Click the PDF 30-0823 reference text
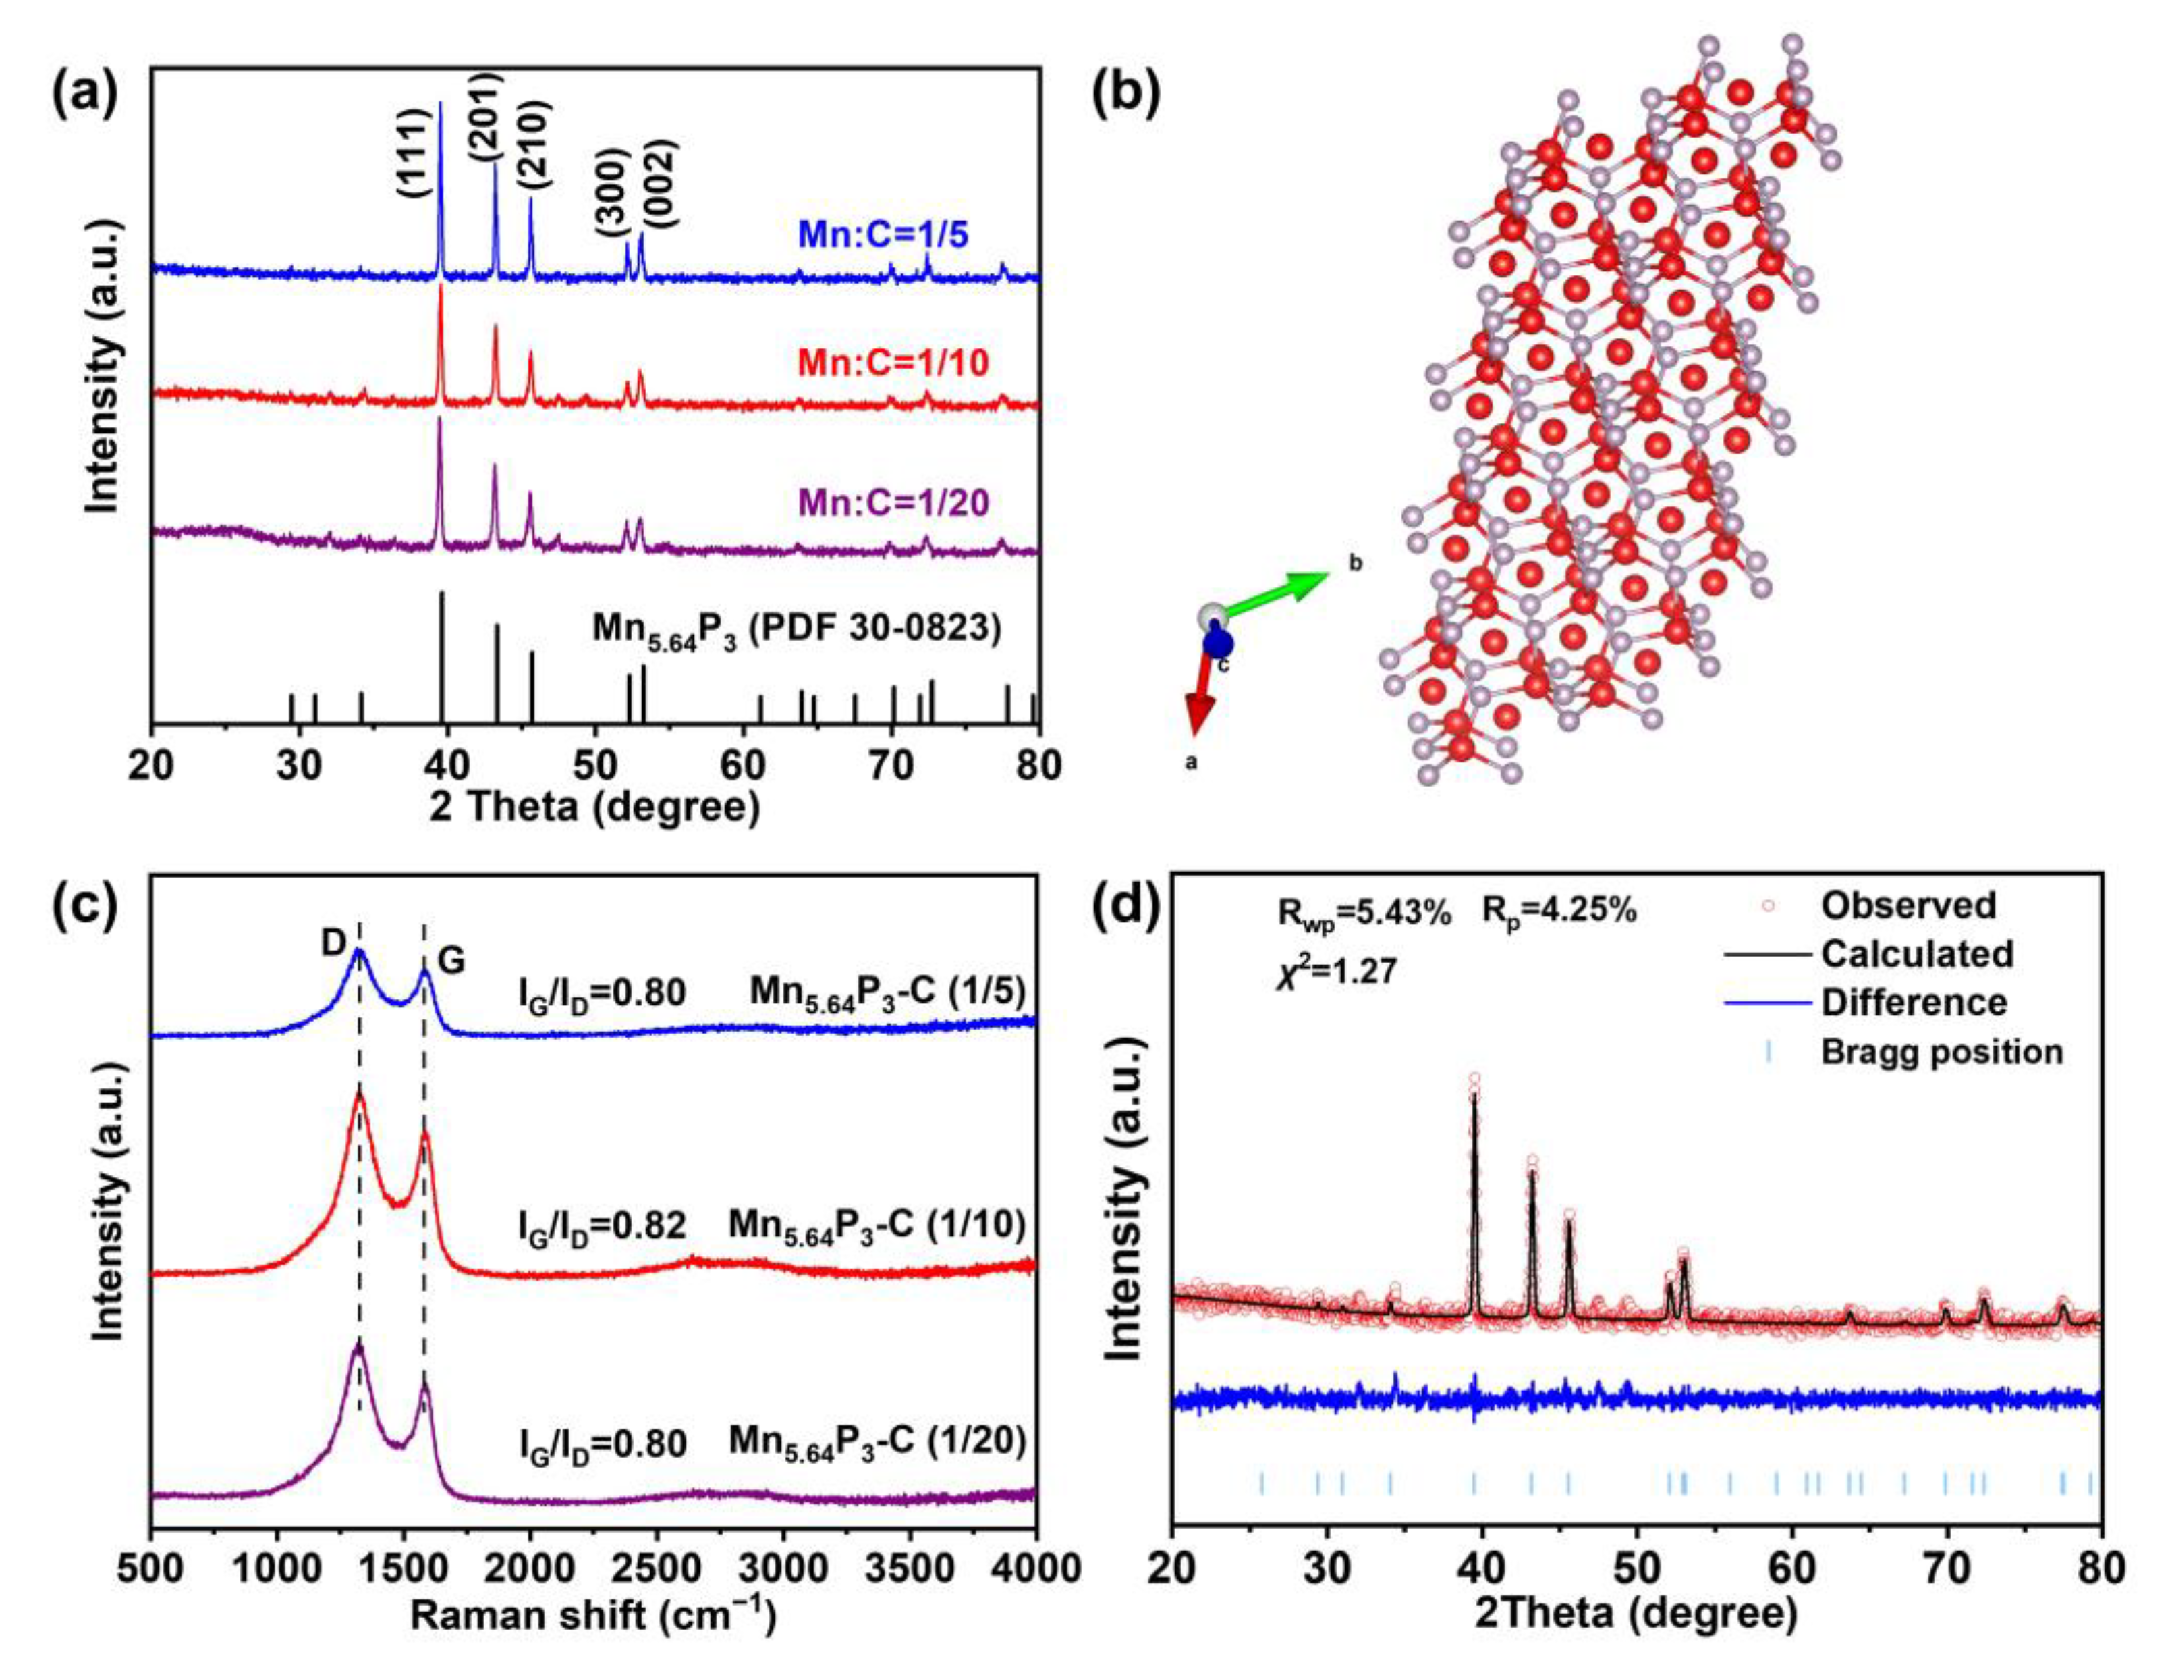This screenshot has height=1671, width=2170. click(x=797, y=629)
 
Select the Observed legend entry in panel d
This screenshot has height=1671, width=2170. click(x=1908, y=905)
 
